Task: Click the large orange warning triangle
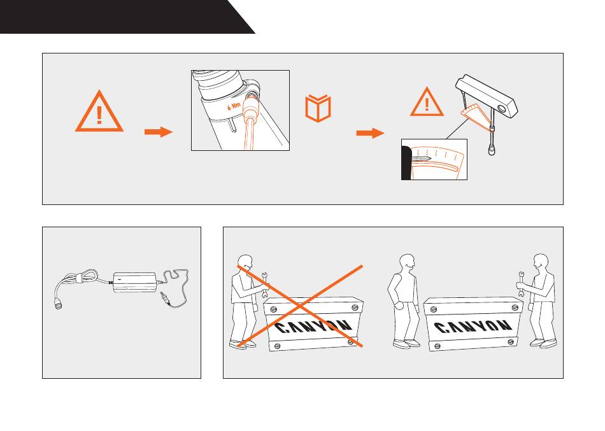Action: click(99, 112)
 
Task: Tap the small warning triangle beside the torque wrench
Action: click(427, 102)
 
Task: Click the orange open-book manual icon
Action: click(318, 108)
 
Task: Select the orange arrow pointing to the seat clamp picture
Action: click(159, 132)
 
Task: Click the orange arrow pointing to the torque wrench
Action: click(371, 133)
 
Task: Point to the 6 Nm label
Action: click(234, 106)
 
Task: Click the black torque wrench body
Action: click(487, 95)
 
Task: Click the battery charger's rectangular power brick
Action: click(134, 283)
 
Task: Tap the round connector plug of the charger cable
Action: click(59, 303)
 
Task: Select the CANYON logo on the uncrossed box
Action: click(473, 327)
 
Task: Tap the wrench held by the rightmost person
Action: click(520, 285)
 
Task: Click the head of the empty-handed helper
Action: click(407, 263)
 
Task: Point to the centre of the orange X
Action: click(300, 306)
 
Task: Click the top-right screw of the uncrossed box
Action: click(515, 307)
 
